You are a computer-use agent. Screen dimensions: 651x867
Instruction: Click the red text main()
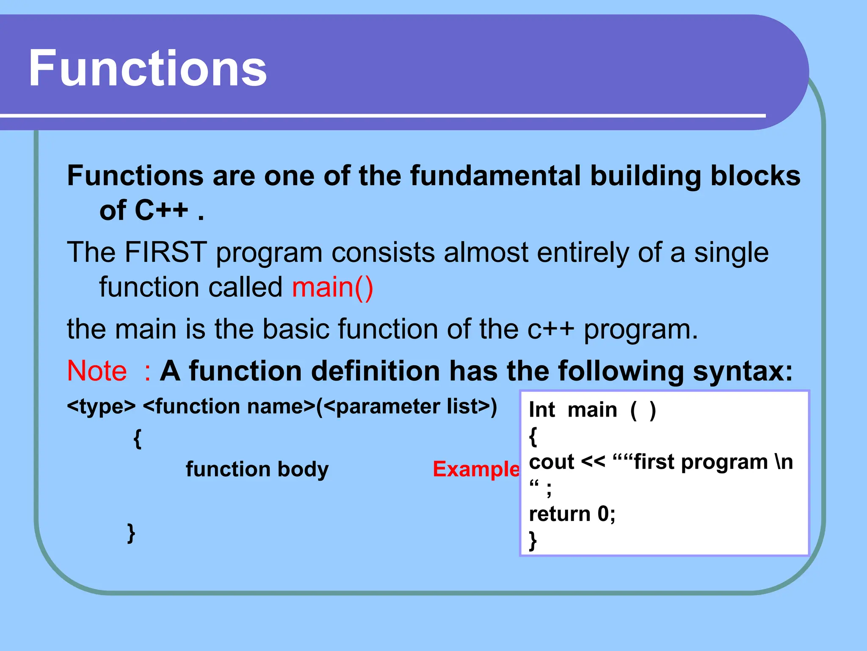333,287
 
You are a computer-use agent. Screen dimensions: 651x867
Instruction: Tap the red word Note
97,371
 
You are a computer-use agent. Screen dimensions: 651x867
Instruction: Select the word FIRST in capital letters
166,252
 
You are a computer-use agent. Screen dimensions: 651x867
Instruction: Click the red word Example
476,469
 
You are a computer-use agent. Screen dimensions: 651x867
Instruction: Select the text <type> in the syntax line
101,406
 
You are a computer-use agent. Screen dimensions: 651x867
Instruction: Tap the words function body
257,469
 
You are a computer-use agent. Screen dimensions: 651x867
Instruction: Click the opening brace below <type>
137,438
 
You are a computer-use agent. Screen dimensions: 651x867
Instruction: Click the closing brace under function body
131,533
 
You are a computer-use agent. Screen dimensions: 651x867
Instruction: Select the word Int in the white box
541,410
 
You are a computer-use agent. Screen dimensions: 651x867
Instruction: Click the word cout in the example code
551,462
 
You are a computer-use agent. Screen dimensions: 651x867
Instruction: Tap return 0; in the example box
572,514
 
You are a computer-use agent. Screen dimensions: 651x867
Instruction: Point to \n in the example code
784,462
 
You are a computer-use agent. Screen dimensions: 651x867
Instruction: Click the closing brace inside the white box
533,540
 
